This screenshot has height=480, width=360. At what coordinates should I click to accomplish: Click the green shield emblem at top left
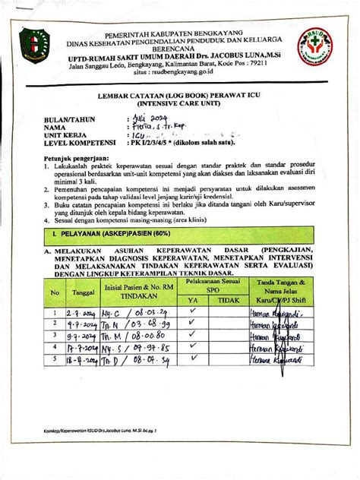click(x=33, y=43)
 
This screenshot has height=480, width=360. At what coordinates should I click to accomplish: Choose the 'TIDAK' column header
click(x=228, y=299)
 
